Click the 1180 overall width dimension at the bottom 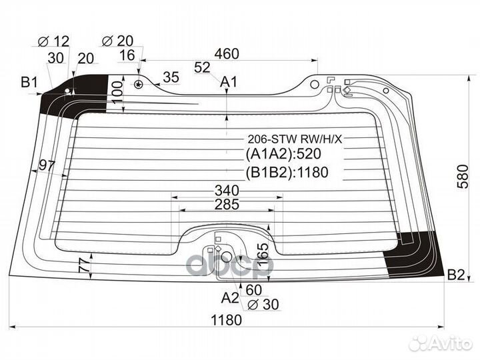pyautogui.click(x=226, y=319)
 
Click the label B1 pyautogui.click(x=29, y=83)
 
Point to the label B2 pyautogui.click(x=456, y=274)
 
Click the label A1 pyautogui.click(x=229, y=82)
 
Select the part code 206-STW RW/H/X pyautogui.click(x=294, y=139)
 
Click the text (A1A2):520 pyautogui.click(x=287, y=156)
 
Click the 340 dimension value pyautogui.click(x=227, y=190)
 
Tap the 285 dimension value pyautogui.click(x=227, y=205)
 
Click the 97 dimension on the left pyautogui.click(x=47, y=165)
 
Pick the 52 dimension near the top pyautogui.click(x=203, y=67)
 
